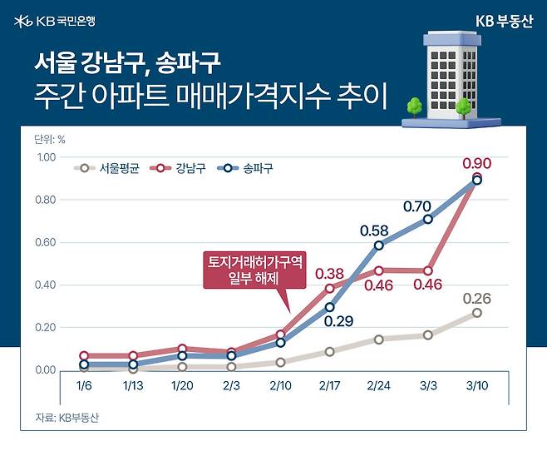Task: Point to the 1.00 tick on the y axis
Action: tap(45, 157)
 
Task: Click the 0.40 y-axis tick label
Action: tap(45, 285)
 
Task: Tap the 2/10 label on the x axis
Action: tap(281, 386)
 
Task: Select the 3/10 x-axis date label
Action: tap(476, 386)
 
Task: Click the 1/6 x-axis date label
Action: tap(86, 386)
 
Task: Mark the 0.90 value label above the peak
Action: tap(476, 162)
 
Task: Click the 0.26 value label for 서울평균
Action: tap(476, 298)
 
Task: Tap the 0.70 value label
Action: tap(417, 205)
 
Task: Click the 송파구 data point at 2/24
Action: tap(379, 245)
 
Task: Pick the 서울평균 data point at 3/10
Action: tap(476, 313)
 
